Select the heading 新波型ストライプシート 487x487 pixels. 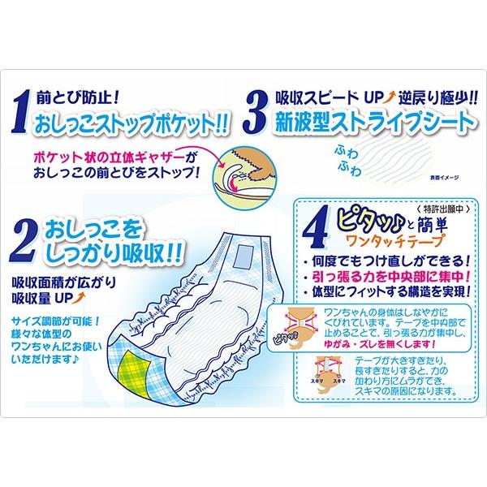pyautogui.click(x=372, y=123)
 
